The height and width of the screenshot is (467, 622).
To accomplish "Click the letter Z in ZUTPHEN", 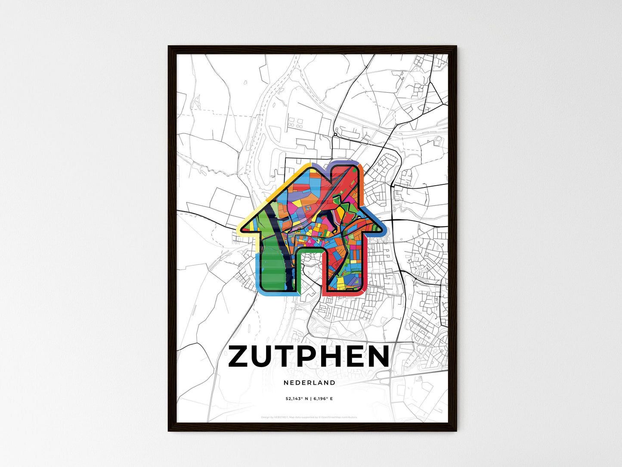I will click(x=240, y=357).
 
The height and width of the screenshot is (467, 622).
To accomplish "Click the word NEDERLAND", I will click(x=309, y=383).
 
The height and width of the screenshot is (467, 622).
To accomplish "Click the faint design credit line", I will click(x=309, y=417).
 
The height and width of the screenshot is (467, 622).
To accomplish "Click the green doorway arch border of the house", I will click(x=309, y=250).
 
